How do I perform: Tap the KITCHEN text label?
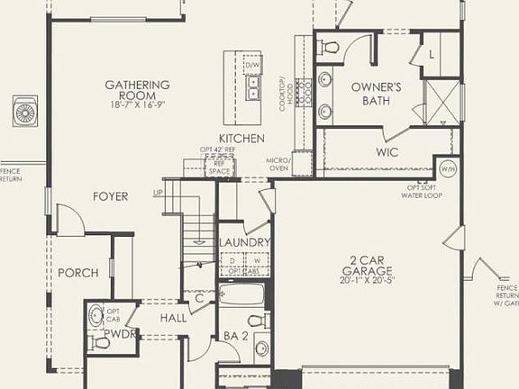(x=241, y=138)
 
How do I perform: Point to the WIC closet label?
(x=387, y=152)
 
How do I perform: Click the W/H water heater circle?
(x=447, y=168)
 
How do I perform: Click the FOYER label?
(x=110, y=196)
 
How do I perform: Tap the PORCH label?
(x=77, y=273)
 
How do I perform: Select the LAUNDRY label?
(x=244, y=243)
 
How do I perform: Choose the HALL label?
(x=174, y=318)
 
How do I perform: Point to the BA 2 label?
(x=235, y=337)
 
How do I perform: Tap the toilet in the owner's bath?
(x=330, y=48)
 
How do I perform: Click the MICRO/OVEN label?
(x=278, y=164)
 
